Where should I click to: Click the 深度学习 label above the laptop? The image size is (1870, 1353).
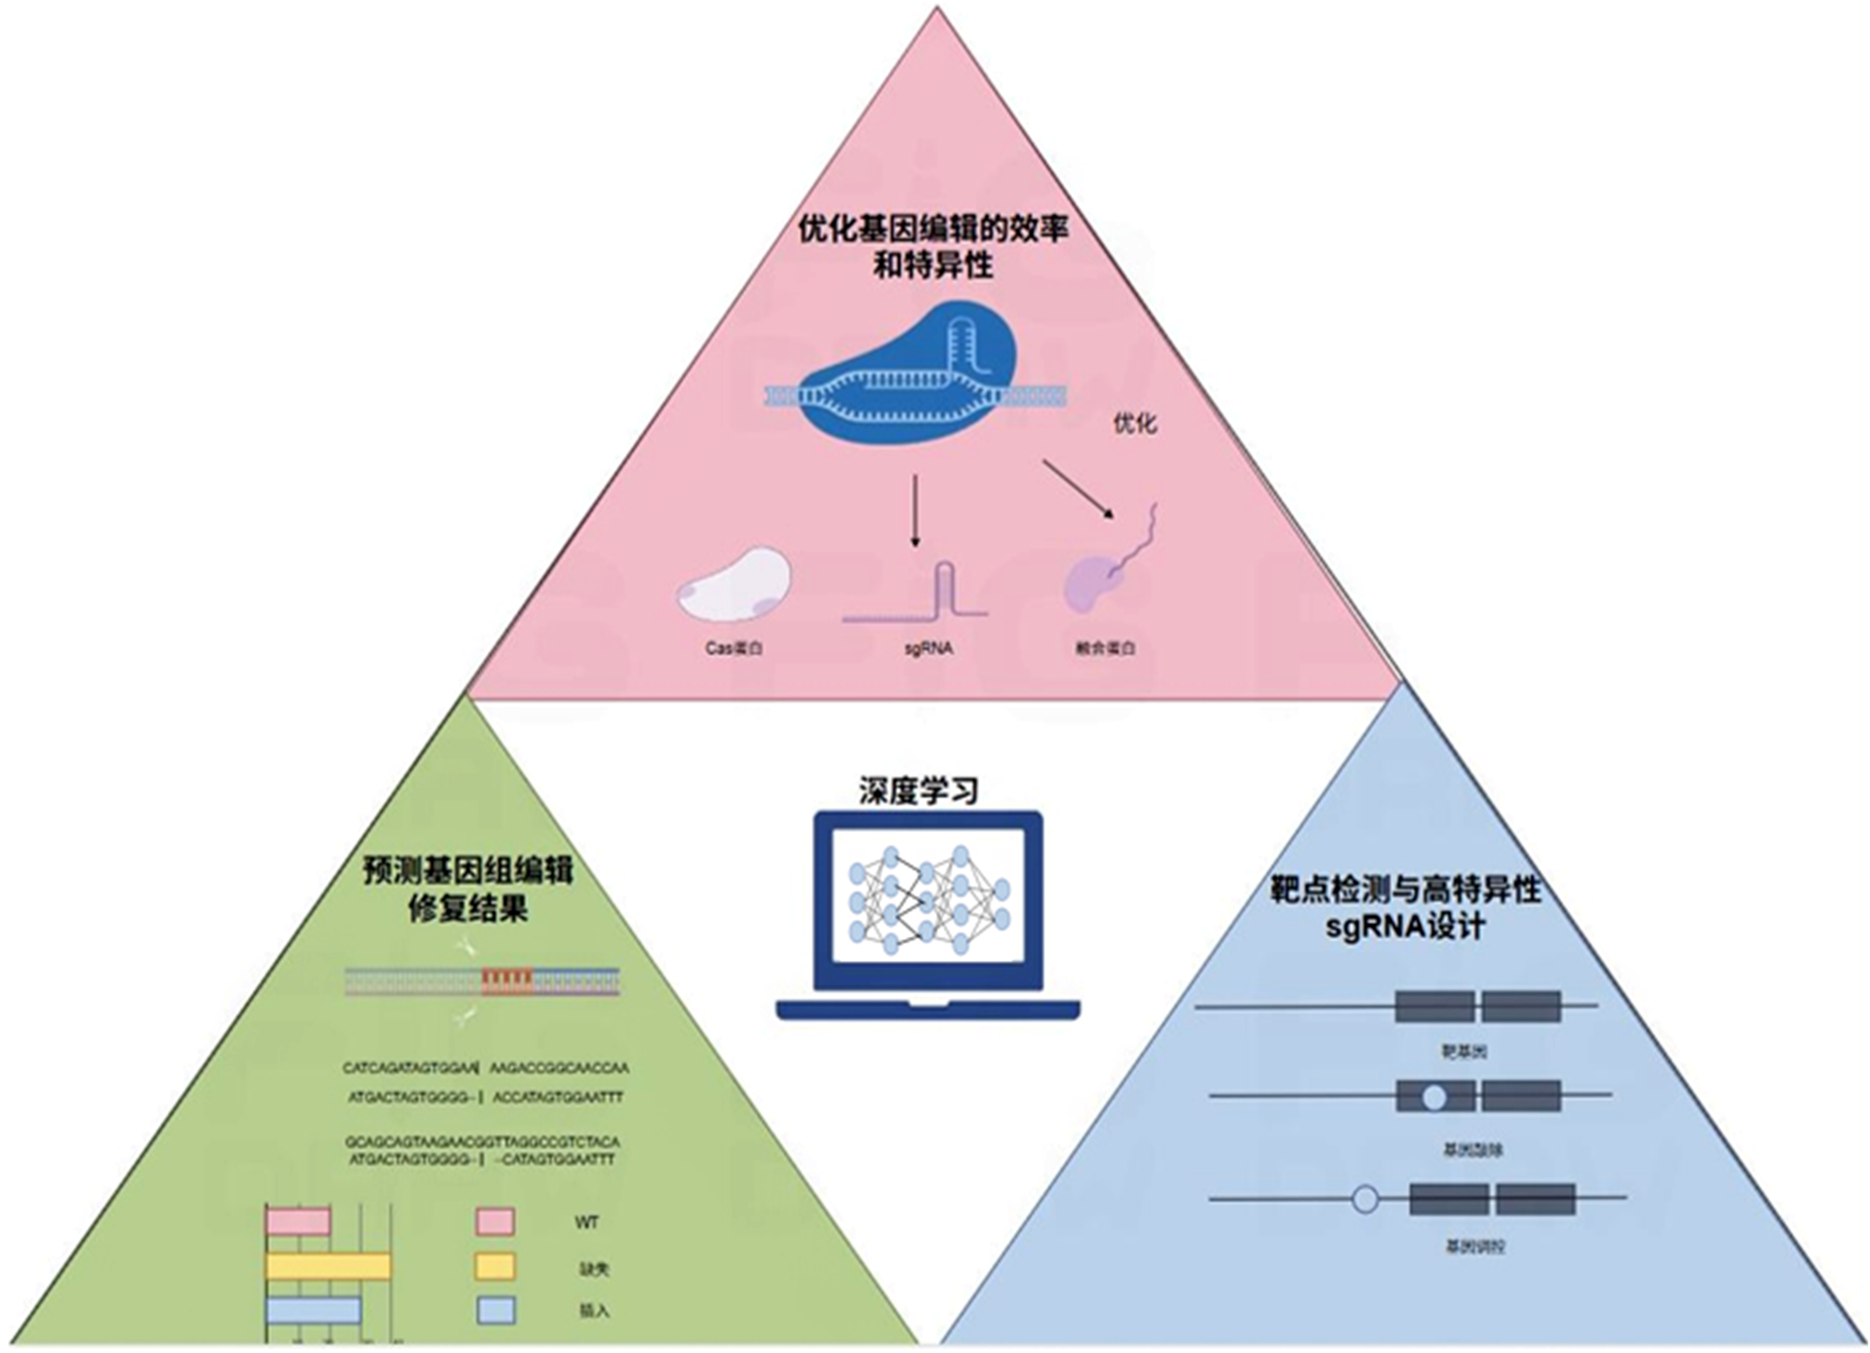(x=918, y=790)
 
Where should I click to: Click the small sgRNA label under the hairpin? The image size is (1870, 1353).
(x=928, y=649)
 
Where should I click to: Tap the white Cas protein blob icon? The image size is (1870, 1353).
(x=734, y=584)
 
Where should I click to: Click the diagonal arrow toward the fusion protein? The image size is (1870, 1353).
(x=1079, y=489)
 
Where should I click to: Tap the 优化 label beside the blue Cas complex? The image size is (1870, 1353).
(x=1135, y=423)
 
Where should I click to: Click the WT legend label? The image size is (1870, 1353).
(x=586, y=1223)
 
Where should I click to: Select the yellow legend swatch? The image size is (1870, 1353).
(x=495, y=1266)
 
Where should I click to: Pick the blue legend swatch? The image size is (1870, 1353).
(x=495, y=1310)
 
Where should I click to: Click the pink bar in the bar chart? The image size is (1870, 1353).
(x=298, y=1221)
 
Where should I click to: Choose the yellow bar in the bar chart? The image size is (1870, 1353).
(x=328, y=1266)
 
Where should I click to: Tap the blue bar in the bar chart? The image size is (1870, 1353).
(x=313, y=1310)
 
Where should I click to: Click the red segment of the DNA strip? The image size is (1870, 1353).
(x=507, y=981)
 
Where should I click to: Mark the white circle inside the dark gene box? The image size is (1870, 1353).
(x=1433, y=1097)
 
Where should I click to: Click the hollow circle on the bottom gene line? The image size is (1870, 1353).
(x=1366, y=1200)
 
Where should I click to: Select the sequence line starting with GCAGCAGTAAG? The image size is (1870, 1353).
(x=482, y=1141)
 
